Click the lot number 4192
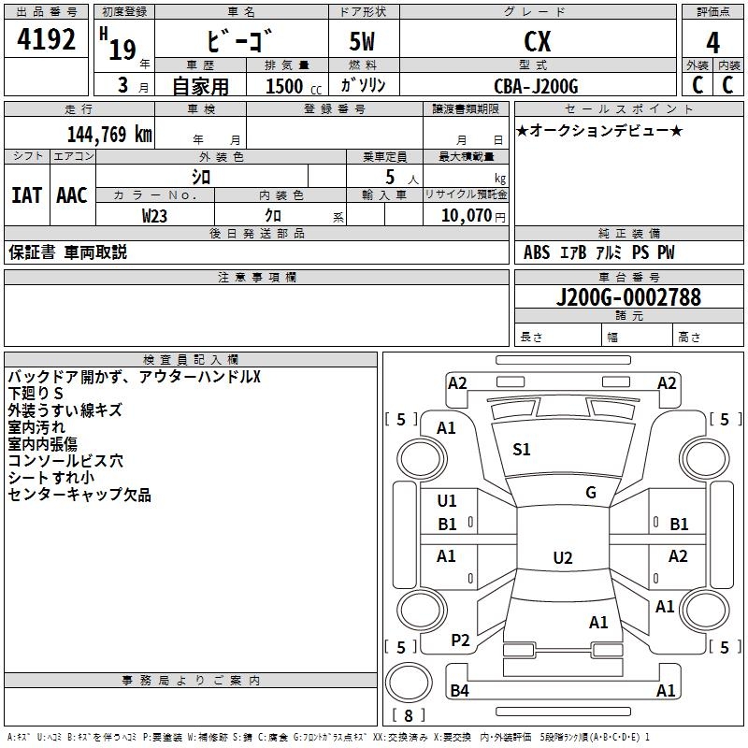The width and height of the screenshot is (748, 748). (46, 39)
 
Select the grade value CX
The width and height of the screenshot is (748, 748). (538, 41)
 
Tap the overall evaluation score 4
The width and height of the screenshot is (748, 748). (712, 43)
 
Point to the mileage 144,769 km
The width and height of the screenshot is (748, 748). (109, 135)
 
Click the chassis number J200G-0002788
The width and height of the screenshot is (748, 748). (628, 297)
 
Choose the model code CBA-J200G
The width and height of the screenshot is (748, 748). (536, 86)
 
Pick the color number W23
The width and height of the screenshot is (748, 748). (154, 216)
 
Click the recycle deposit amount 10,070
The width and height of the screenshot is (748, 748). (466, 215)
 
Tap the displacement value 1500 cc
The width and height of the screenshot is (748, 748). (294, 86)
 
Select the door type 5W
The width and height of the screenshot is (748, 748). (362, 41)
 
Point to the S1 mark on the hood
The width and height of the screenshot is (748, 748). (522, 450)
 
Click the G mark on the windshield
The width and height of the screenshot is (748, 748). (591, 493)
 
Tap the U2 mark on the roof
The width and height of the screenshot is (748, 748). (563, 557)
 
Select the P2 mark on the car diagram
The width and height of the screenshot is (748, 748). (460, 640)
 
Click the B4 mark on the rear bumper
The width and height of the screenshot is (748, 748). (459, 690)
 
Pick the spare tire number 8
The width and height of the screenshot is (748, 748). (409, 715)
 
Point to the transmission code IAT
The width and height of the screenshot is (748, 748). (27, 195)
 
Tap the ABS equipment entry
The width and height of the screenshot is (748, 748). (537, 252)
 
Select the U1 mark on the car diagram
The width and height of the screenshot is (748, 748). (447, 501)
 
